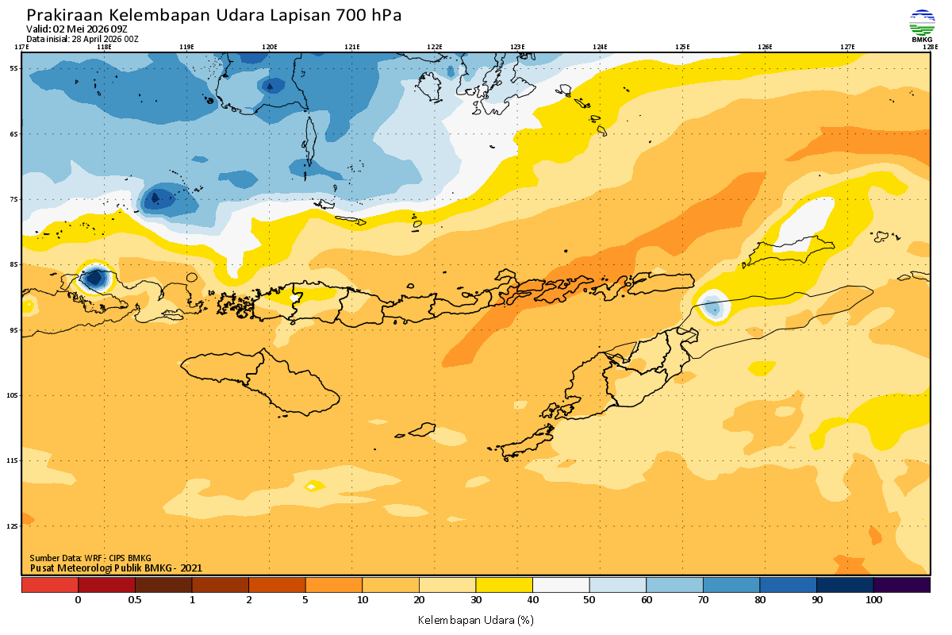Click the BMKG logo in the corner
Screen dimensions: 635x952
click(921, 25)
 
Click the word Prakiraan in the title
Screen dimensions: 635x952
click(65, 15)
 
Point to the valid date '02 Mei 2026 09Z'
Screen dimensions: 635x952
click(96, 29)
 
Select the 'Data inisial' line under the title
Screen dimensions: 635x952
click(83, 38)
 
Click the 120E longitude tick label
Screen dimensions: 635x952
click(270, 47)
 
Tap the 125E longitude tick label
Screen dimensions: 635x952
click(682, 47)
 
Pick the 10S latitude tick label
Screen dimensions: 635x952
click(13, 395)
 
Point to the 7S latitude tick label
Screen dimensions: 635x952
click(13, 199)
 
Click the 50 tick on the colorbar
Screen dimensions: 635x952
click(589, 600)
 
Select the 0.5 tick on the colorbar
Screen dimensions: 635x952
click(135, 600)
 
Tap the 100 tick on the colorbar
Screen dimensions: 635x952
click(873, 600)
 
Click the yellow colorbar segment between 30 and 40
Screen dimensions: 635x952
click(504, 585)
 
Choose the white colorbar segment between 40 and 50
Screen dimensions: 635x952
click(561, 585)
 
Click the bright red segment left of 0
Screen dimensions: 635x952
click(50, 585)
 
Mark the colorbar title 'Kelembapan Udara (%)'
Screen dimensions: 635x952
click(475, 619)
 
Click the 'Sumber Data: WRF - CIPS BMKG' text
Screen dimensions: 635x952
click(90, 558)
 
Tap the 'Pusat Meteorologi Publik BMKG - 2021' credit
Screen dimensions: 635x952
click(116, 568)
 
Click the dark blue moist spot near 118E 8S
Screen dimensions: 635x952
click(96, 278)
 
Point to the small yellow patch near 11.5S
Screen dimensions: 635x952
click(314, 485)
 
